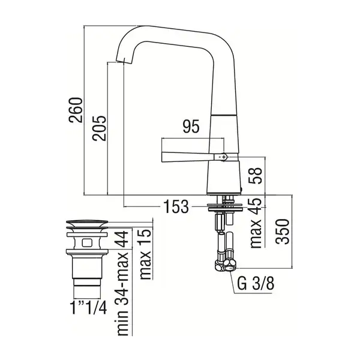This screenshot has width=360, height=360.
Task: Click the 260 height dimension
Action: point(76,110)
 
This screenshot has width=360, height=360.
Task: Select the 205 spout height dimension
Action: point(100,128)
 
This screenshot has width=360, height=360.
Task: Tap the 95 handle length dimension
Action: point(191,127)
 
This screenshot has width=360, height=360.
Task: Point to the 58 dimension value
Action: point(256,175)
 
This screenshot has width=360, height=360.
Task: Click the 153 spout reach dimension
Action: point(176,206)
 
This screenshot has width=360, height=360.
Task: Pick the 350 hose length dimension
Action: point(283,232)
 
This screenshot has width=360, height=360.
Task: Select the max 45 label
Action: point(256,223)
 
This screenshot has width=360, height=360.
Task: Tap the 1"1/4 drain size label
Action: point(89,308)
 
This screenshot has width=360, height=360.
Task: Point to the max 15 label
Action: point(145,254)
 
